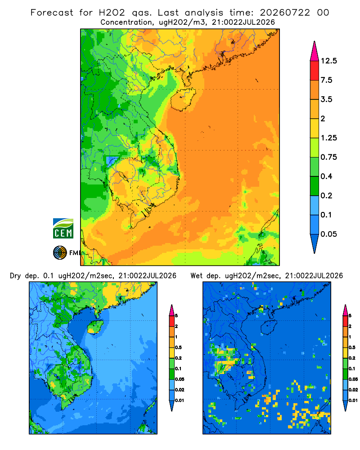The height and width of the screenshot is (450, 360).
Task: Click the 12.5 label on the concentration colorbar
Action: coord(328,61)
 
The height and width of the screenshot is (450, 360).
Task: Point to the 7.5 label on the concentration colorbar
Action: coord(326,80)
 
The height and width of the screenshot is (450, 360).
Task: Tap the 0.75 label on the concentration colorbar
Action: coord(328,157)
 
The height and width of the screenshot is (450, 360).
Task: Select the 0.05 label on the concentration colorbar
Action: coord(328,234)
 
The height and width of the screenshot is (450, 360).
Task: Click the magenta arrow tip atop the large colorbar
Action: coord(315,51)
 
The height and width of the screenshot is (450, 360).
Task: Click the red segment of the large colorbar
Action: coord(315,71)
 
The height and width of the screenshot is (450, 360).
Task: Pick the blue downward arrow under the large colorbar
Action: coord(315,243)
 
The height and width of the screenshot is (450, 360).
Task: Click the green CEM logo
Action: coord(63,229)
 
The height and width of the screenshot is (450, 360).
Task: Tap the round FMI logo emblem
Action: coord(60,253)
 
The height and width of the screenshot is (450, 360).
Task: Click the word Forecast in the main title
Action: coord(52,13)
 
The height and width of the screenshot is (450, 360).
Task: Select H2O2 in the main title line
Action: coord(112,13)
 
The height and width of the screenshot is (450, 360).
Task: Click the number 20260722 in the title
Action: coord(285,13)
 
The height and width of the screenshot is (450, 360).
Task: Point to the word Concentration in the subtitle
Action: coord(126,22)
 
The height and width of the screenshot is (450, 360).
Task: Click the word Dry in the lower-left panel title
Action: coord(15,276)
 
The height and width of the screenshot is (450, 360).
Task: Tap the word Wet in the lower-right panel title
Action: coord(197,276)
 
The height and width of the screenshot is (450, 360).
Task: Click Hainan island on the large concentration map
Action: coord(183,99)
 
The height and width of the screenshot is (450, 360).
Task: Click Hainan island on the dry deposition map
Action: coord(95,327)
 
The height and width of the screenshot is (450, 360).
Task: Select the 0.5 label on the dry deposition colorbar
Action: coord(178,347)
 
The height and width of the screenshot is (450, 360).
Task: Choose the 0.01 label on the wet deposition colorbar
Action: coord(353,400)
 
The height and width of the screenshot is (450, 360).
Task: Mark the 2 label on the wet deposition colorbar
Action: coord(350,326)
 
